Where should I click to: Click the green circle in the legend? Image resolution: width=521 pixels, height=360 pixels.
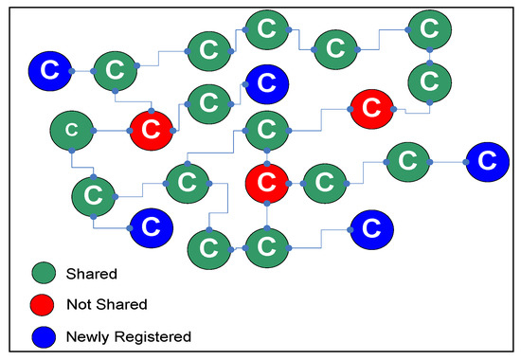pyautogui.click(x=44, y=275)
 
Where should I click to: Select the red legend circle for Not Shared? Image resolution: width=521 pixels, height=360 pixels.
pyautogui.click(x=44, y=305)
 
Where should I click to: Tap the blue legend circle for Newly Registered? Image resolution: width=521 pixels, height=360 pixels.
pyautogui.click(x=44, y=335)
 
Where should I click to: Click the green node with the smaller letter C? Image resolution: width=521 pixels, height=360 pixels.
pyautogui.click(x=72, y=129)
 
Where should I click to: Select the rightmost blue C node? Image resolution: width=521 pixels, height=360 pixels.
pyautogui.click(x=486, y=160)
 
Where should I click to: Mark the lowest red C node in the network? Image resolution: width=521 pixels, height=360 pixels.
pyautogui.click(x=267, y=179)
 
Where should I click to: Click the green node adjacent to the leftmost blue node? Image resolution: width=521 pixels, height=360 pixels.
pyautogui.click(x=115, y=68)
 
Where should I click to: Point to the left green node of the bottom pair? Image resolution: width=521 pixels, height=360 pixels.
pyautogui.click(x=207, y=248)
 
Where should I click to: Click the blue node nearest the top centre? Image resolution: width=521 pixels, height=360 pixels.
pyautogui.click(x=266, y=83)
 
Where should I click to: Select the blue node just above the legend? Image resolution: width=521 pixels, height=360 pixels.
pyautogui.click(x=150, y=226)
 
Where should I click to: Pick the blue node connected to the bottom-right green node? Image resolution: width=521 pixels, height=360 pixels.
pyautogui.click(x=371, y=227)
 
